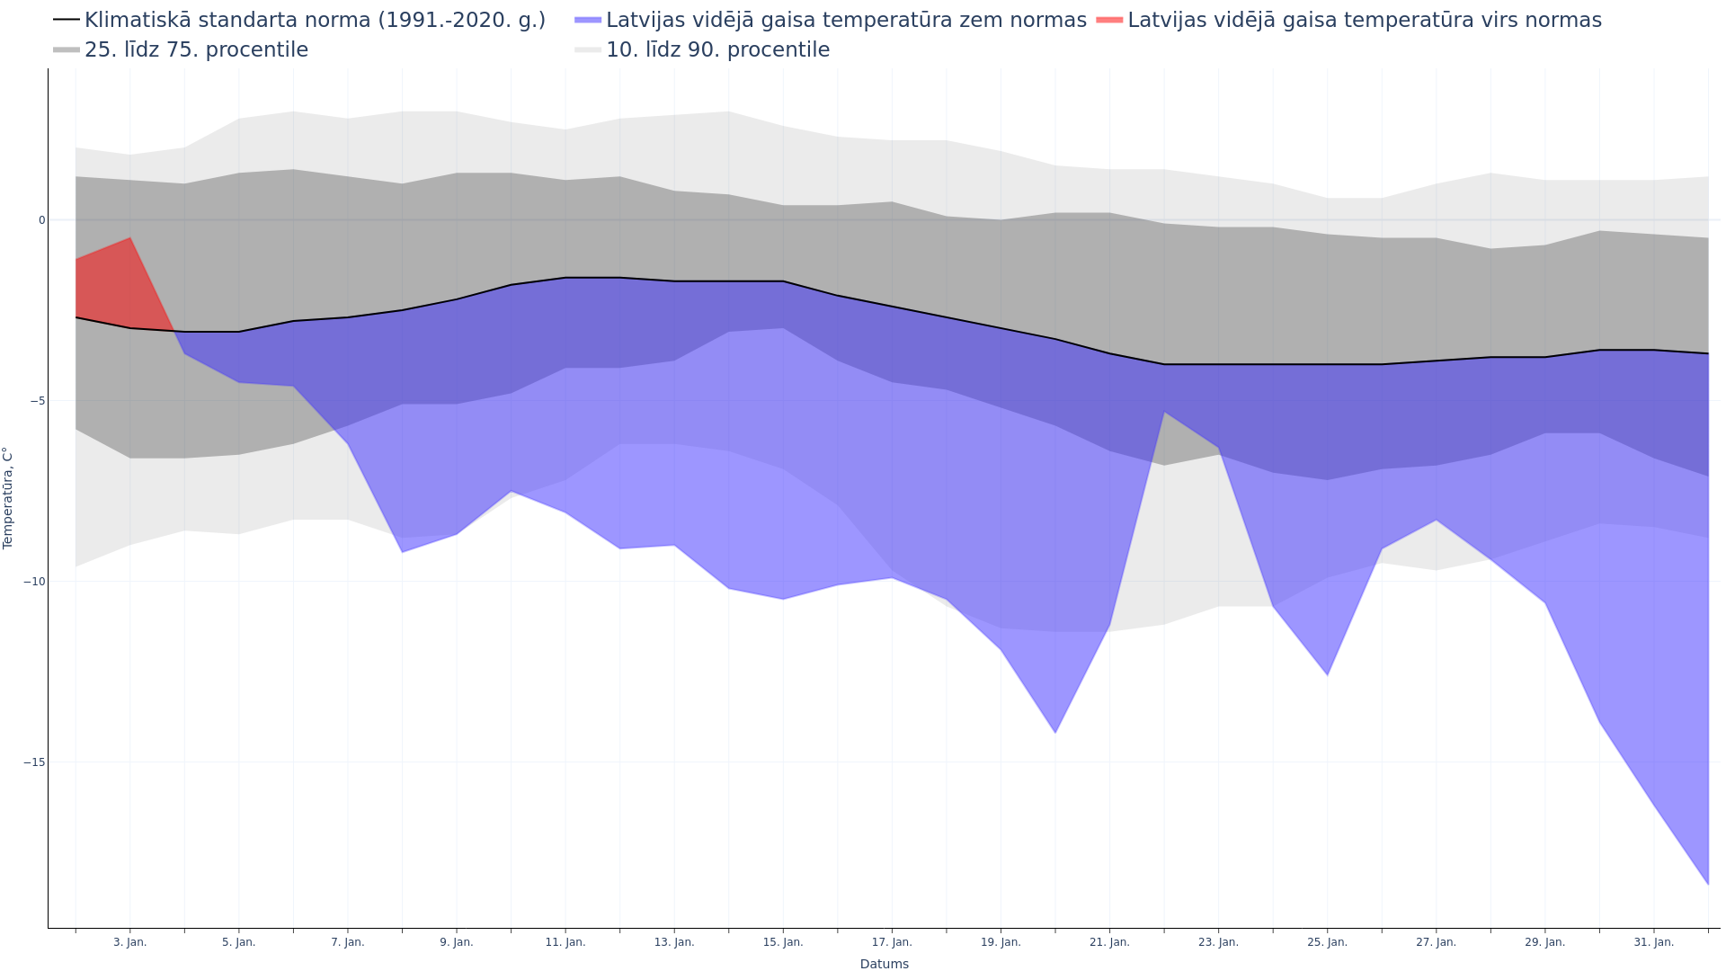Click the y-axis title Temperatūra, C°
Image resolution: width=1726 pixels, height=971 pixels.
pos(8,497)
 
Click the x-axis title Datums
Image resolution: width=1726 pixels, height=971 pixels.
pos(884,964)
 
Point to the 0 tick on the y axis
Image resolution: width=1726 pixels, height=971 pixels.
pos(41,220)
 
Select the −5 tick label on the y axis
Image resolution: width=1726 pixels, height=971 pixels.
pos(37,401)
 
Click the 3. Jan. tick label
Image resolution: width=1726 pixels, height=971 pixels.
pos(130,942)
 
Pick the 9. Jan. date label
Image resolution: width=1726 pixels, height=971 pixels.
pos(457,942)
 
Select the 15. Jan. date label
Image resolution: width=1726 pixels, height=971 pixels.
pos(783,942)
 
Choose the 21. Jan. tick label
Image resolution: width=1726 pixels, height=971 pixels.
pos(1109,942)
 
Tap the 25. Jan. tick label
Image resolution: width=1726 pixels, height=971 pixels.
pos(1327,942)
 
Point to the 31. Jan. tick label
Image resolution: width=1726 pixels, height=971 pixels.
pos(1653,942)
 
